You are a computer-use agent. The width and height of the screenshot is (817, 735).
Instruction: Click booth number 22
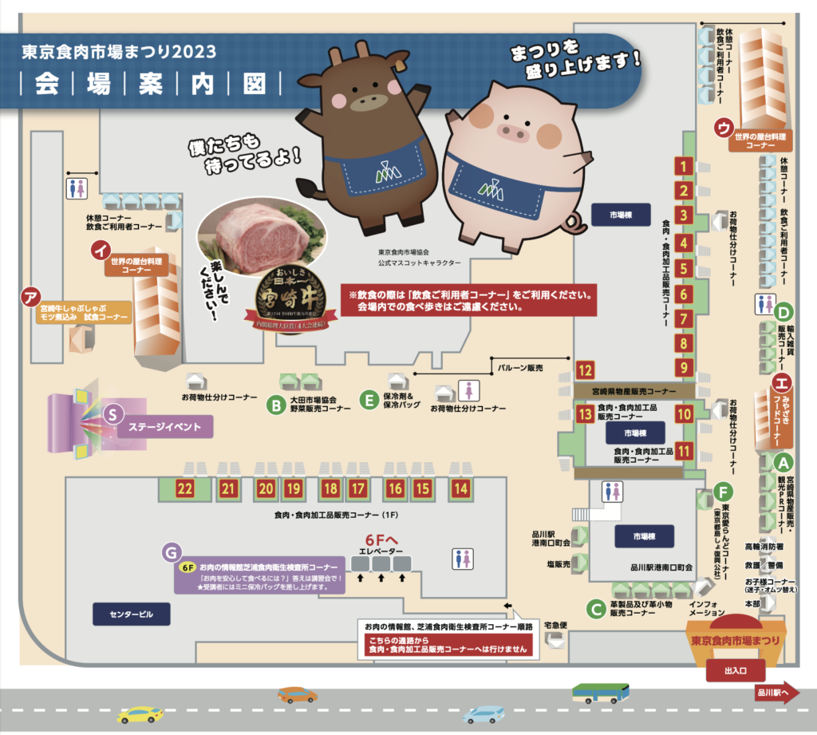(185, 488)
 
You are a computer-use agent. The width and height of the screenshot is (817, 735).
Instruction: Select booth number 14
(460, 488)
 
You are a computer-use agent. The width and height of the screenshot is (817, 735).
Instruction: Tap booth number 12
(586, 370)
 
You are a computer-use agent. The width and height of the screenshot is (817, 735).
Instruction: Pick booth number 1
(683, 166)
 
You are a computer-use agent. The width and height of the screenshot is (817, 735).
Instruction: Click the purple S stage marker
(113, 413)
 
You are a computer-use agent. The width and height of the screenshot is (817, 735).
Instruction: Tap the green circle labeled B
(275, 405)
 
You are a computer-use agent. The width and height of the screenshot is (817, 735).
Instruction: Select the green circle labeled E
(368, 399)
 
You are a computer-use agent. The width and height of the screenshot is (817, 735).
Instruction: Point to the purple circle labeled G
(172, 551)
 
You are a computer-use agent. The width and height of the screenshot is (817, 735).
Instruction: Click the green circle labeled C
(594, 609)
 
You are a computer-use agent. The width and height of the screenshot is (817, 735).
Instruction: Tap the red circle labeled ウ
(724, 128)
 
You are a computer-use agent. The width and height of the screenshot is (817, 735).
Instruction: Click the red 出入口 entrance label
(733, 671)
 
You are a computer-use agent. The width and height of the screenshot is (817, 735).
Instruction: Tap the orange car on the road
(298, 694)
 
